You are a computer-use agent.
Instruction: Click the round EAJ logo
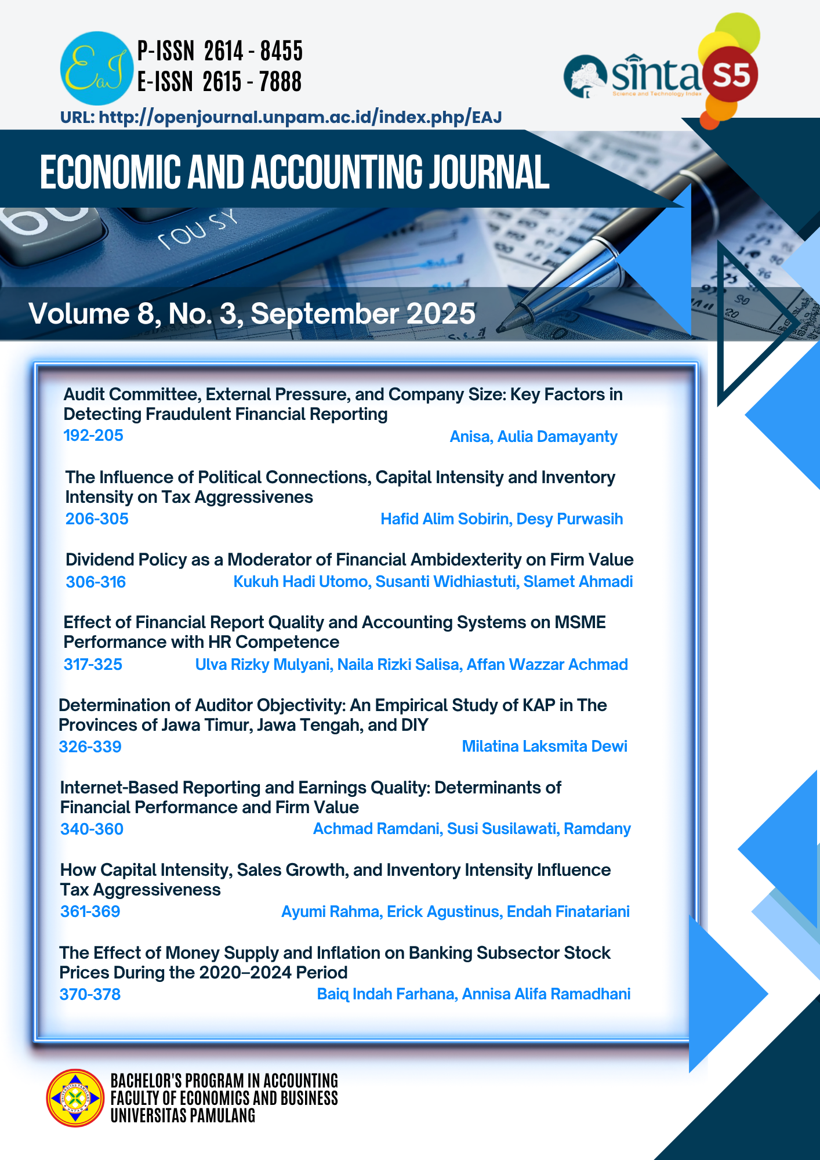pyautogui.click(x=96, y=68)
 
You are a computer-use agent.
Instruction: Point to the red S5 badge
pyautogui.click(x=730, y=75)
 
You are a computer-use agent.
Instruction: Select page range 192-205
pyautogui.click(x=93, y=436)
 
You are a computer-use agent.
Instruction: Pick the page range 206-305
pyautogui.click(x=97, y=519)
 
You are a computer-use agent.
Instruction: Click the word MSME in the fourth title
pyautogui.click(x=580, y=622)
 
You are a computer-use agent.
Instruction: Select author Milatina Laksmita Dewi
pyautogui.click(x=545, y=746)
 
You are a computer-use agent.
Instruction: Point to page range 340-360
pyautogui.click(x=92, y=829)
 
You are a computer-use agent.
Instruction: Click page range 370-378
pyautogui.click(x=90, y=995)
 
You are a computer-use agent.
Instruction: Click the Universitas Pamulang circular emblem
pyautogui.click(x=75, y=1098)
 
